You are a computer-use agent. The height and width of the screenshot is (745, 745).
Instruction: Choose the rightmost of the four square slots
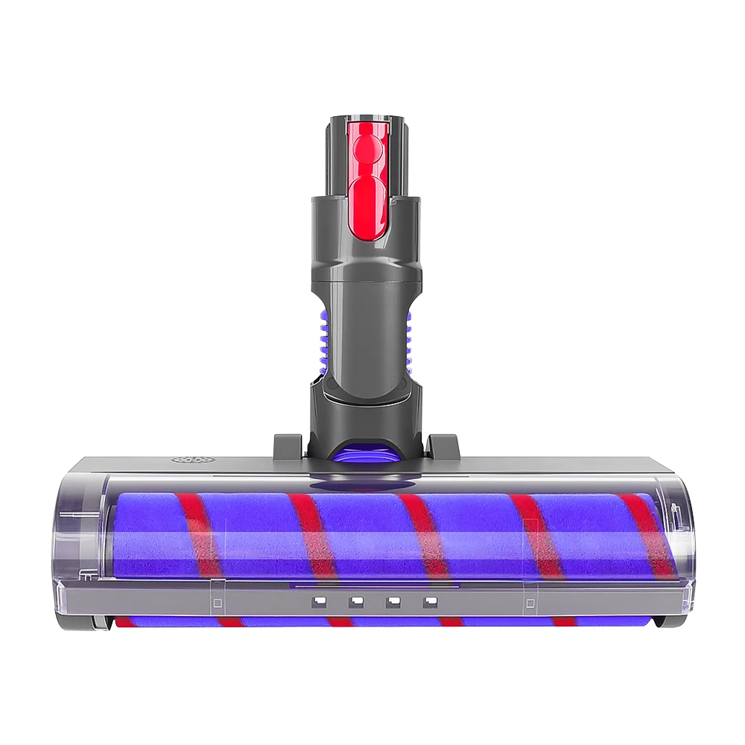(x=428, y=600)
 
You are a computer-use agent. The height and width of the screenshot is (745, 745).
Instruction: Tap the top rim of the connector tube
(x=365, y=118)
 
